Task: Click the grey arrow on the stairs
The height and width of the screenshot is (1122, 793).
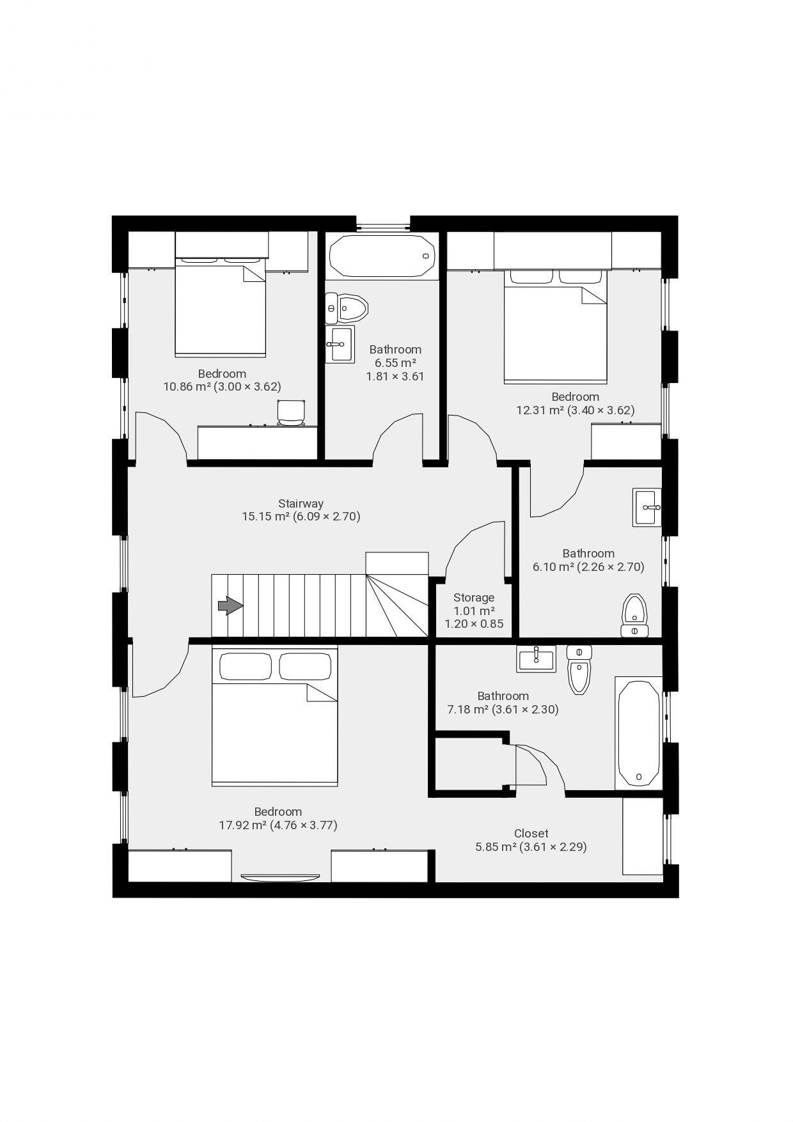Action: [230, 605]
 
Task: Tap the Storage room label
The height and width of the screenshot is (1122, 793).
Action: [474, 598]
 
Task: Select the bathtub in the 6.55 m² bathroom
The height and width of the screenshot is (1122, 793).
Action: [382, 256]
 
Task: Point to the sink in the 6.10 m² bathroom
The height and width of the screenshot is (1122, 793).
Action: [647, 507]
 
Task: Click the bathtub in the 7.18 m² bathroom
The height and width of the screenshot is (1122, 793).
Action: [639, 733]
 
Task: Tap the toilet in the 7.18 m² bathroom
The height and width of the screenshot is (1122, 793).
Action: [579, 671]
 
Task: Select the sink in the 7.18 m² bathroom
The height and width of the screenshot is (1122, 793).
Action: [536, 658]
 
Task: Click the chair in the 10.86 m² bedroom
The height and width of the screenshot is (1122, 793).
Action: [291, 412]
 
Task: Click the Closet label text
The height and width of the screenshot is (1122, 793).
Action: [531, 833]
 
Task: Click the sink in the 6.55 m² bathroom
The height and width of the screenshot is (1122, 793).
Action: [340, 344]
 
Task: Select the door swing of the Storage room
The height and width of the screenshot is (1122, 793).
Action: [474, 550]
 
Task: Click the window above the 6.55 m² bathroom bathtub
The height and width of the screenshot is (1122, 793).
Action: [383, 225]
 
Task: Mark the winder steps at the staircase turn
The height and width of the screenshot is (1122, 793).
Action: [396, 604]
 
